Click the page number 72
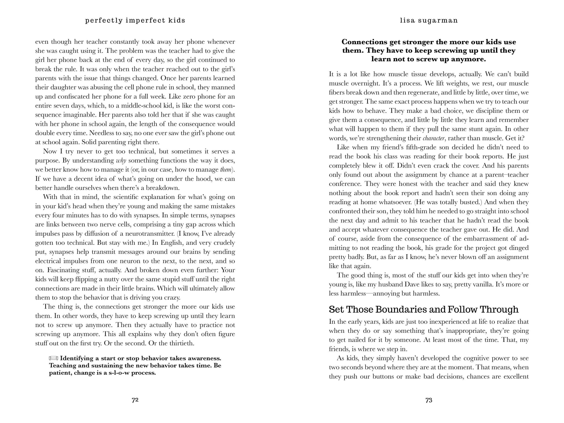135,400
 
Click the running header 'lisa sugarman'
429,20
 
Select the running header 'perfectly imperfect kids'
135,20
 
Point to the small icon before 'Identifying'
54,358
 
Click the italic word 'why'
121,161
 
